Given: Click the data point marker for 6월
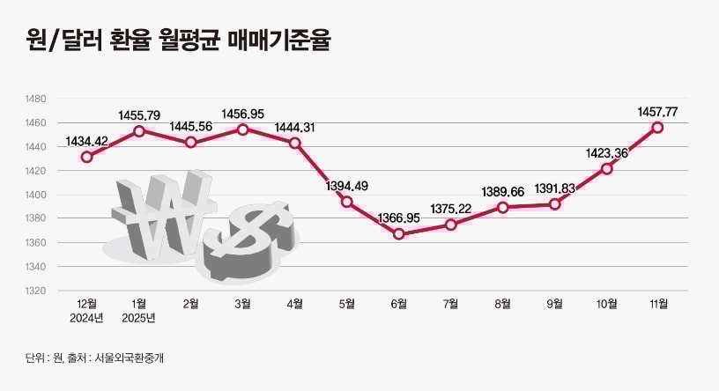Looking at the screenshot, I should (398, 234).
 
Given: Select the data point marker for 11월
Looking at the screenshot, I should (657, 128).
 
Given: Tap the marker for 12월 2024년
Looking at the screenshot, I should (86, 157).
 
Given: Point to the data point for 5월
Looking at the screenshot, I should (346, 202).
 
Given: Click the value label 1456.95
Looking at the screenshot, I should (242, 114).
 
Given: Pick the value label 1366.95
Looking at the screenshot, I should (398, 216).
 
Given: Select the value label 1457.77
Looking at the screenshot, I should (657, 111).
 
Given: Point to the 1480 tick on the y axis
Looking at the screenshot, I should (35, 100).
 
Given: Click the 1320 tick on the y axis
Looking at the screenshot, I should (35, 291).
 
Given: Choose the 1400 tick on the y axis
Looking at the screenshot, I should (35, 195).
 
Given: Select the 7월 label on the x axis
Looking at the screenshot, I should (450, 304).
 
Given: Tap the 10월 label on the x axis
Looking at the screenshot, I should (606, 304).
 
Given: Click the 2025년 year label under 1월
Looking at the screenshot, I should (138, 318).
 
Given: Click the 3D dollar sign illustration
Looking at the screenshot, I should (251, 240).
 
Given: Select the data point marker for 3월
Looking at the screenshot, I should (242, 129).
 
